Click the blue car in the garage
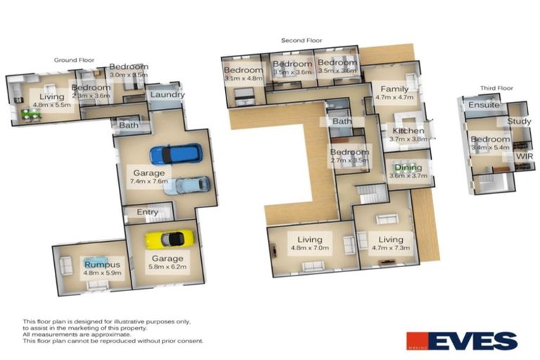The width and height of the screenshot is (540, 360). tap(176, 153)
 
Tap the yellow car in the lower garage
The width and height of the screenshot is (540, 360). tap(169, 239)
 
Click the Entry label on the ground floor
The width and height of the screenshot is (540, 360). tap(148, 212)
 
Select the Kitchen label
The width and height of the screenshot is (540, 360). tap(409, 131)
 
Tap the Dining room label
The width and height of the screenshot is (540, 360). tap(408, 167)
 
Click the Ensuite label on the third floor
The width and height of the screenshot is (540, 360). tap(484, 105)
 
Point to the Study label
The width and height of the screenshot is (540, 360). tap(519, 122)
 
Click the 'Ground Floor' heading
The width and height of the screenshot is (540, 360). tap(74, 60)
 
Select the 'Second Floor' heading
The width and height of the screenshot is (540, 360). tap(301, 41)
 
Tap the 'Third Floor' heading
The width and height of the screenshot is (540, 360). tap(496, 89)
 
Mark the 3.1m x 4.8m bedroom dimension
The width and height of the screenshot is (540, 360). tap(243, 79)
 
